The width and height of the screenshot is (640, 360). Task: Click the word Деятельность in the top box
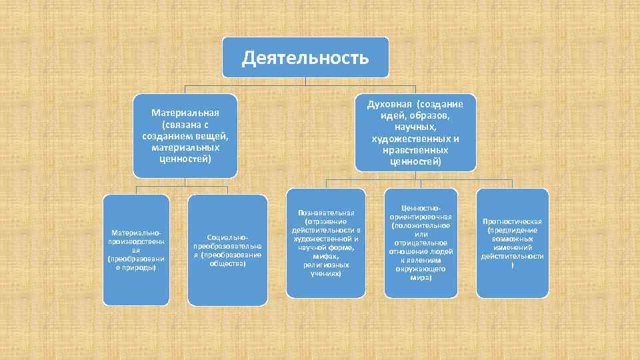[x=305, y=57]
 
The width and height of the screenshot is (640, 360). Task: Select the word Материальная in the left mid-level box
[x=185, y=112]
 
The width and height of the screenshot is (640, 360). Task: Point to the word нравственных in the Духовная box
[x=415, y=150]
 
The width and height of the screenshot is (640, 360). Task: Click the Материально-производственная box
[x=135, y=250]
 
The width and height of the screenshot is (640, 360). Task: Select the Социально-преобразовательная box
[x=227, y=250]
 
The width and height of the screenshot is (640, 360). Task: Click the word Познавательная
[x=326, y=212]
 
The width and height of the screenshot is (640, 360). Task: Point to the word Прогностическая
[x=512, y=221]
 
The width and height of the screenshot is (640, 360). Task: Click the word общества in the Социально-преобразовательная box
[x=227, y=263]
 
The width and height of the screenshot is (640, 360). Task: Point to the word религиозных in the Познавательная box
[x=326, y=265]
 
